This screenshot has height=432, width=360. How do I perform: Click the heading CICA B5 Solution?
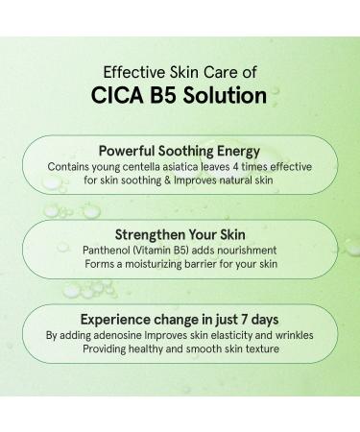click(180, 97)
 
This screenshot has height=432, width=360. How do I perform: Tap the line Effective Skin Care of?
click(180, 70)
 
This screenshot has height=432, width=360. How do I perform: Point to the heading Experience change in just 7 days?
click(180, 320)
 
